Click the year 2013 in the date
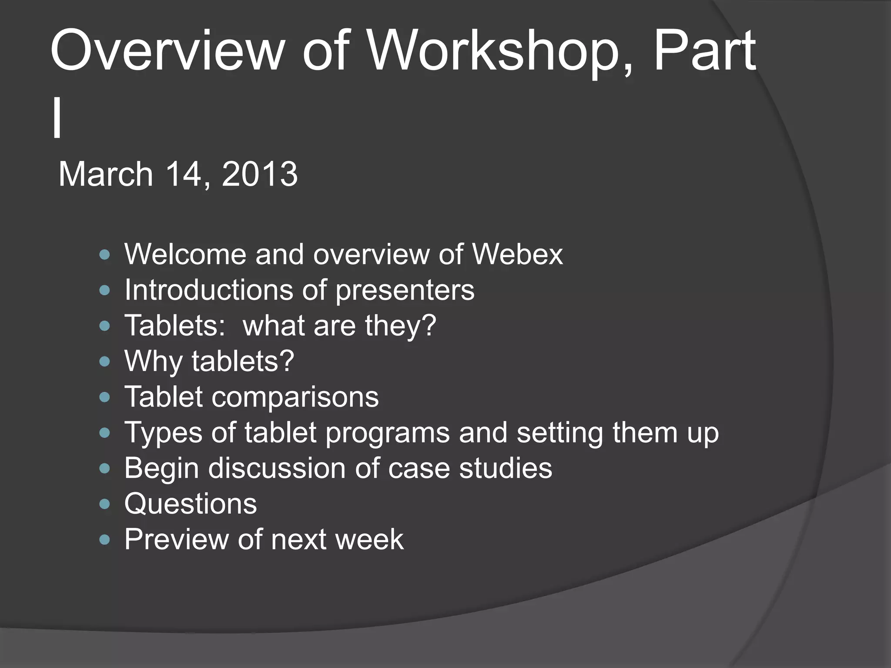pos(260,174)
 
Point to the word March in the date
pos(106,174)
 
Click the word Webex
pos(517,254)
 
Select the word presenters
pos(405,291)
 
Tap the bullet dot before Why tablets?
pos(104,361)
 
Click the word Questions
pos(191,504)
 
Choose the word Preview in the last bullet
pos(176,540)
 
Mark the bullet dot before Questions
pos(104,504)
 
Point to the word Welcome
pos(185,254)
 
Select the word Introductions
pos(209,290)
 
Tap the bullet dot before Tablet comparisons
pos(104,397)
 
